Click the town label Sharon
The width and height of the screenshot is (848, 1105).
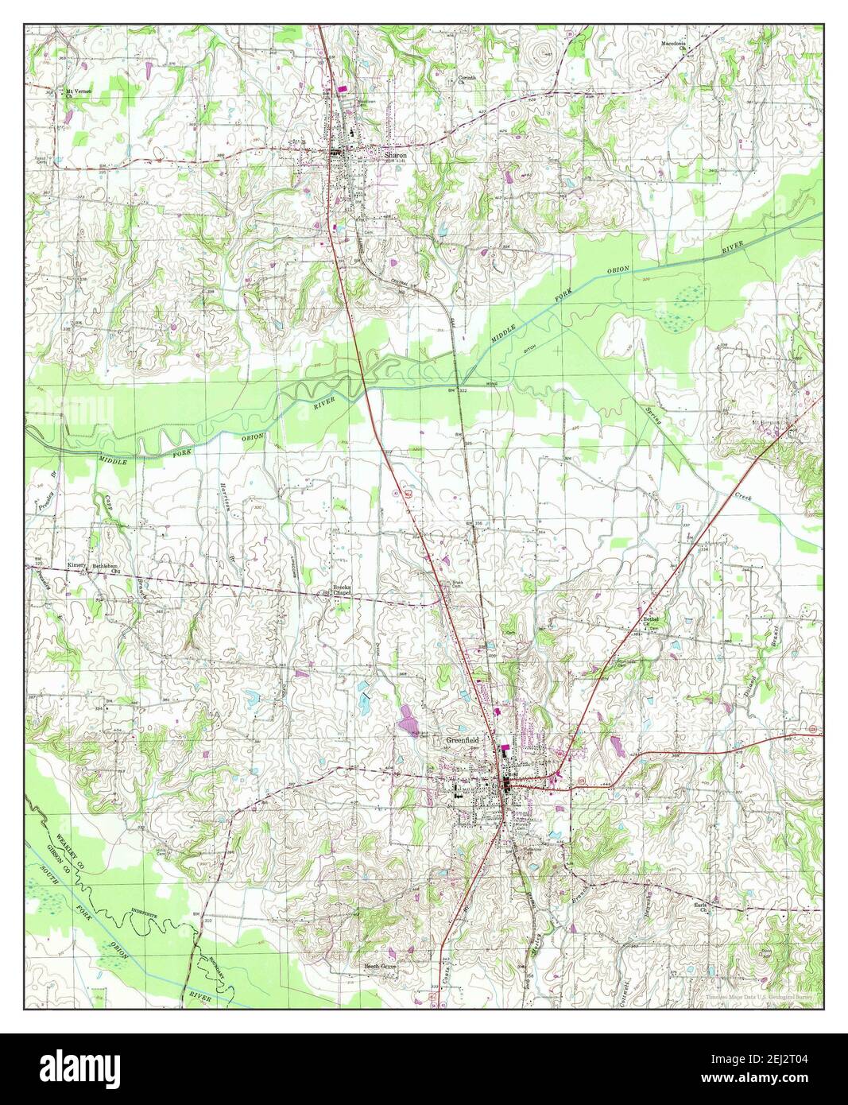395,156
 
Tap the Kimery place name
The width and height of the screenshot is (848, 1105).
76,565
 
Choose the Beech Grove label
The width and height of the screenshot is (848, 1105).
380,966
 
